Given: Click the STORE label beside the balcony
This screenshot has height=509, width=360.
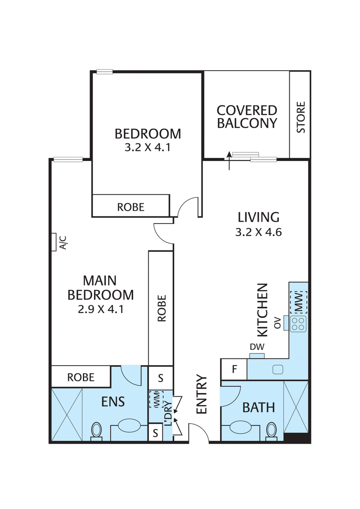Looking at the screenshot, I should click(x=301, y=117).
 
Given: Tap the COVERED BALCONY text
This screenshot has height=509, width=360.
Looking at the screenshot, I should click(x=247, y=117).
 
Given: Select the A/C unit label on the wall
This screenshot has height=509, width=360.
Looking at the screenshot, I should click(x=63, y=243).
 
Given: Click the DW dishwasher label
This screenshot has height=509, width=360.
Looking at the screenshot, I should click(x=256, y=348).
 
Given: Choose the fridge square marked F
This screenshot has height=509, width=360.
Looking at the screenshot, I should click(x=234, y=370).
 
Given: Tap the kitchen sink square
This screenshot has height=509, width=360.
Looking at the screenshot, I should click(x=277, y=370).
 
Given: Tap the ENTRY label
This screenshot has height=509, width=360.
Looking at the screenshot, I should click(x=202, y=394).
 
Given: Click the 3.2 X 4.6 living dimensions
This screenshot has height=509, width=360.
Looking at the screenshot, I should click(x=258, y=233).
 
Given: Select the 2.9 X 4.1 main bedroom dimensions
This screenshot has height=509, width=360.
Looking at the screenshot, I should click(x=100, y=309).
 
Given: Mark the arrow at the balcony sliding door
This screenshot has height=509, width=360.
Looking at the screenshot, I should click(x=229, y=161).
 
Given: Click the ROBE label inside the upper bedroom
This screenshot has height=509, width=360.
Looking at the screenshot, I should click(x=131, y=207).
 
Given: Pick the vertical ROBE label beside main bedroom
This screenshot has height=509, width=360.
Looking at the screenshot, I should click(x=162, y=308).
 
